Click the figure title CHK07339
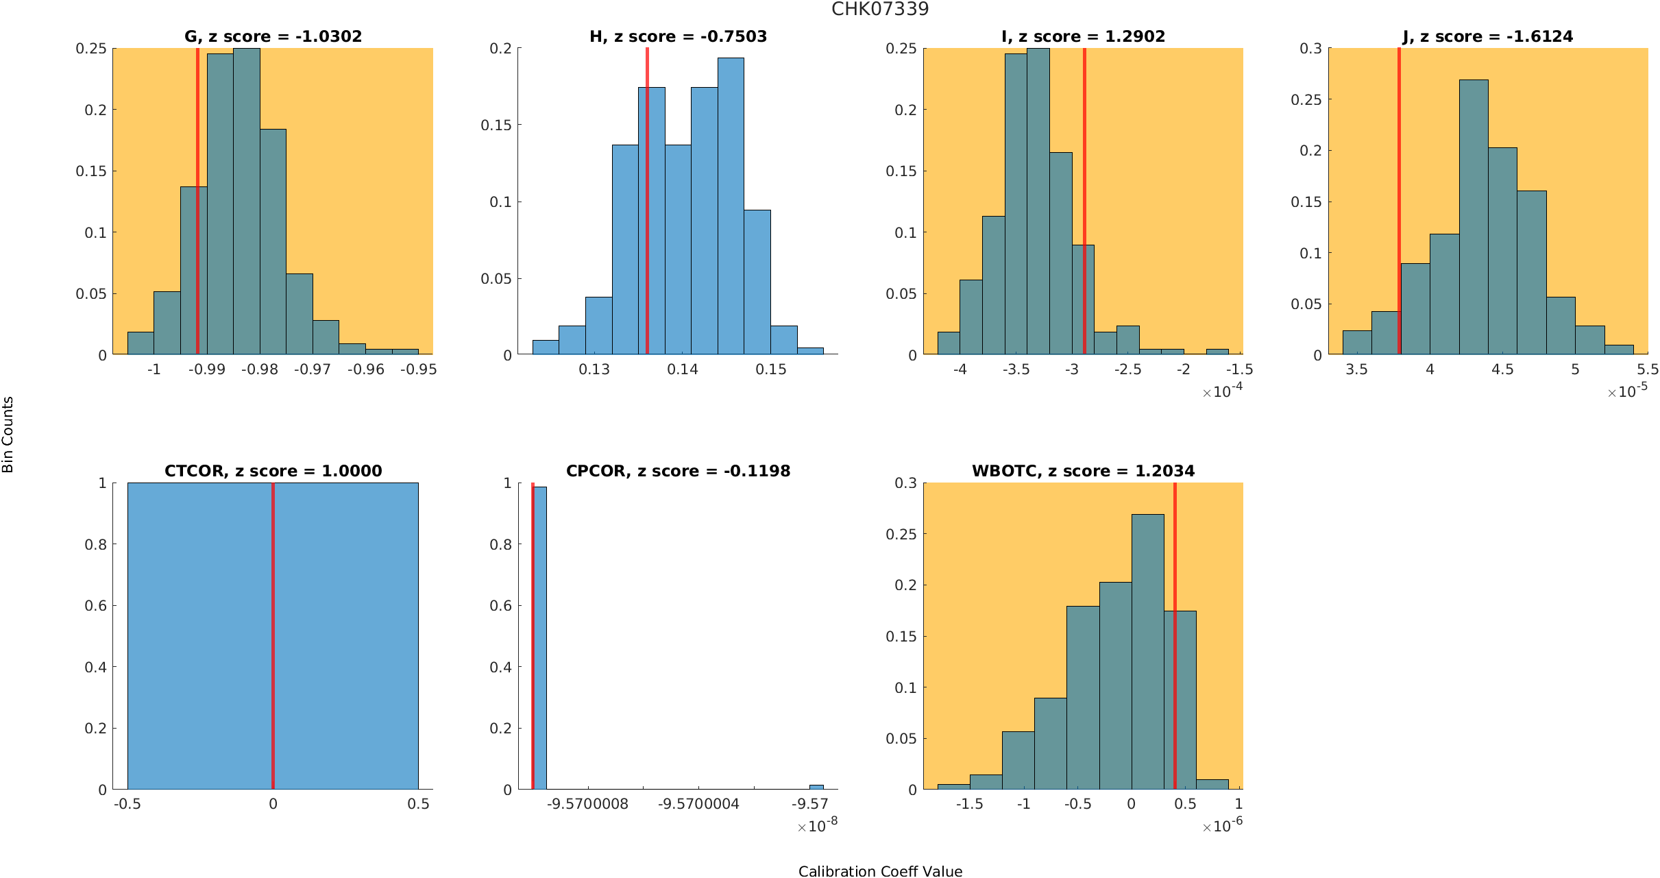coord(880,9)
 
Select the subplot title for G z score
coord(273,36)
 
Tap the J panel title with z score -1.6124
coord(1488,36)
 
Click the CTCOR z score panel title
coord(273,471)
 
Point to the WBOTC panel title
coord(1083,471)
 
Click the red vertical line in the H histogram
coord(647,206)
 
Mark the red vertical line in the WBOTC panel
coord(1175,637)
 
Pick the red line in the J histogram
coord(1399,206)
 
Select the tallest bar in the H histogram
coord(731,206)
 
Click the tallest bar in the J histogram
coord(1474,219)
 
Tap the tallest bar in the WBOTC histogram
coord(1148,651)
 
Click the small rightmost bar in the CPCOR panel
coord(816,787)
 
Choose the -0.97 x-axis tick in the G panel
coord(313,369)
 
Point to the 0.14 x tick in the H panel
coord(683,369)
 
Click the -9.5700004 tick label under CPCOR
coord(698,804)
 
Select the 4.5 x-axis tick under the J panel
coord(1502,369)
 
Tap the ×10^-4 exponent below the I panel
coord(1222,391)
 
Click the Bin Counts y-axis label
coord(8,435)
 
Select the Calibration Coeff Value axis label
coord(880,871)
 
